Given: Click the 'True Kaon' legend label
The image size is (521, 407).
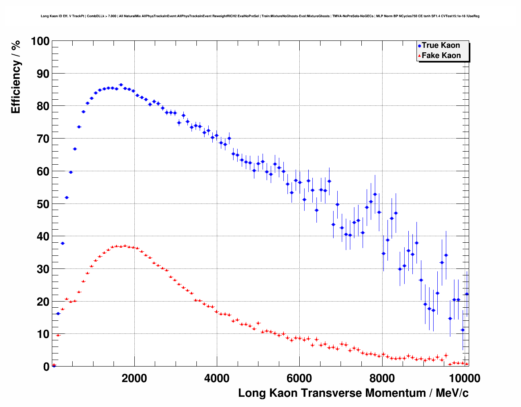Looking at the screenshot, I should pos(441,45).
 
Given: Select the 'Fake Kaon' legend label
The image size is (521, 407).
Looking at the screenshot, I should pos(441,56).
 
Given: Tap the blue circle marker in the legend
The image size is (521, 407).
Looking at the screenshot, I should pos(419,46).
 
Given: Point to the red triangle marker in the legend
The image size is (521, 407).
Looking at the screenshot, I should pos(419,56).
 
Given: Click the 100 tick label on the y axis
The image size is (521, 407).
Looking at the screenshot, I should pos(40,41).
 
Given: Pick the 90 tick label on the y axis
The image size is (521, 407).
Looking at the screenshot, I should pos(43,74).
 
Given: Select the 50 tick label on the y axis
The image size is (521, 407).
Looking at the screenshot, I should pos(43,204).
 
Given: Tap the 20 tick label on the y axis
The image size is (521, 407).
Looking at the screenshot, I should pos(43,302).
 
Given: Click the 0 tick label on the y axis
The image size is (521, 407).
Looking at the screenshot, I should pos(46,367).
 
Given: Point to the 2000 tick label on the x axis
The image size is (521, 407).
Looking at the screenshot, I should pos(134,378).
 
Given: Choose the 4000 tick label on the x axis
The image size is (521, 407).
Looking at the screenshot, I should pos(217,378).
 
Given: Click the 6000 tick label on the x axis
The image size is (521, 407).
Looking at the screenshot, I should pos(299,378).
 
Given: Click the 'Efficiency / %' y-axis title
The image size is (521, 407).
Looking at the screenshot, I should pos(16,77).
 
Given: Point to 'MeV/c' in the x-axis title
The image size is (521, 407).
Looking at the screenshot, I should pos(452,393).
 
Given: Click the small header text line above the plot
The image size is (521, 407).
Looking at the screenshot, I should pos(260,16).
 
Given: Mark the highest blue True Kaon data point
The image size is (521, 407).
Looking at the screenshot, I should pos(121,85).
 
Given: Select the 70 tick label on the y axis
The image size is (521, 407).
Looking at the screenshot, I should pos(43,139).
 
